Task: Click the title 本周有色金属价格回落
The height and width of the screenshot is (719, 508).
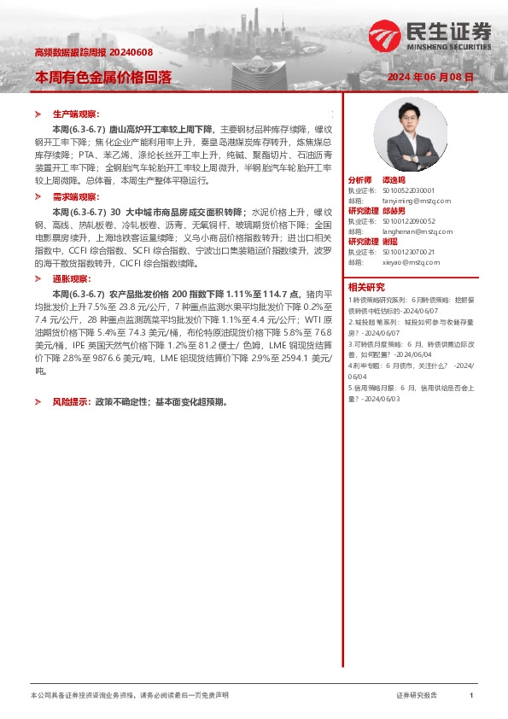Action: point(102,77)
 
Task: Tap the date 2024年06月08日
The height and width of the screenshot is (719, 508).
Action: point(430,77)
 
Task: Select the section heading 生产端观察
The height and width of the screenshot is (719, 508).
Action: point(75,114)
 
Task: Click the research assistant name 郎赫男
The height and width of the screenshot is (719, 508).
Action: point(394,209)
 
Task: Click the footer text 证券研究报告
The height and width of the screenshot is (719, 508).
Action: point(417,696)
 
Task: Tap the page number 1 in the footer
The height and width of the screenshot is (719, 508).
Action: point(471,696)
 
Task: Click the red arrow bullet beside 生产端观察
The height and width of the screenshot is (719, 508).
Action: point(37,114)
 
